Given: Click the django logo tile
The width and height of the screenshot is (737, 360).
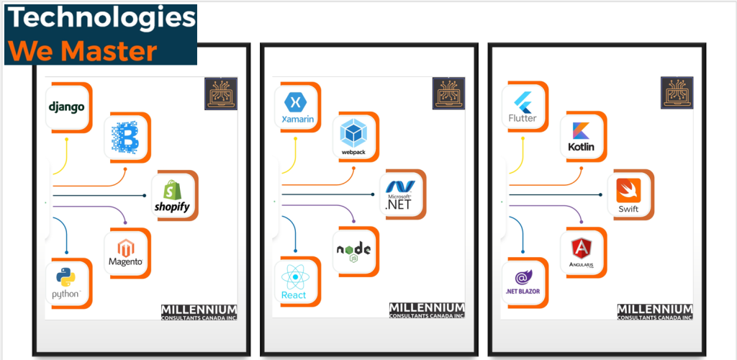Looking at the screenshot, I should [x=67, y=107].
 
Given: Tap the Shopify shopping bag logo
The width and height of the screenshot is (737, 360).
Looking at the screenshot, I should [x=171, y=195].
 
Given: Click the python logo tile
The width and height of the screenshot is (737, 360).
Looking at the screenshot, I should [x=66, y=282].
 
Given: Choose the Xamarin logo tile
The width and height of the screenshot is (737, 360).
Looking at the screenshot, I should [x=296, y=107].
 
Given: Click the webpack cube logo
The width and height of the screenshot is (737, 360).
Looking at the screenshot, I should [x=354, y=136].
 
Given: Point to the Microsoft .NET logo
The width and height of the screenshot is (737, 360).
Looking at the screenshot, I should [x=400, y=195].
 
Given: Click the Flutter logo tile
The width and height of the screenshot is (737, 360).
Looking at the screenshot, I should [x=523, y=107].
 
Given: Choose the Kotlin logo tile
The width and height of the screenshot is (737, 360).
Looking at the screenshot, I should [x=581, y=136].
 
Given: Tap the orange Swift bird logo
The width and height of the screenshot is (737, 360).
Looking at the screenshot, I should [x=628, y=195].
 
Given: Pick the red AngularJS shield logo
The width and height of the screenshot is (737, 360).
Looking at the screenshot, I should [x=581, y=251].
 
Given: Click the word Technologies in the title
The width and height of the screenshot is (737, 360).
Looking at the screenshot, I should [x=101, y=19].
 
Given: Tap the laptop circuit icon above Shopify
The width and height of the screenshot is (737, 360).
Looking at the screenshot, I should [x=221, y=94].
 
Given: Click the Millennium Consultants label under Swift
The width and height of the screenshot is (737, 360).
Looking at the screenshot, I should [x=654, y=311].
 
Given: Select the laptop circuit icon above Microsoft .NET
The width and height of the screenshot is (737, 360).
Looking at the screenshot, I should [x=448, y=94].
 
